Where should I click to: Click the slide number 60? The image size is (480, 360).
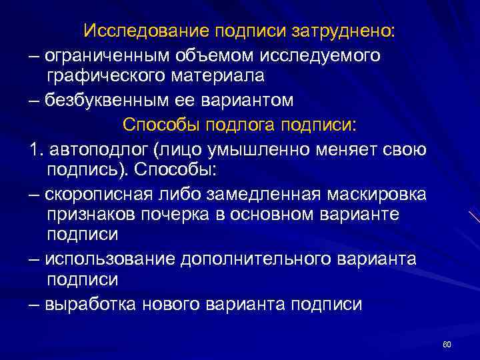(447, 343)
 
